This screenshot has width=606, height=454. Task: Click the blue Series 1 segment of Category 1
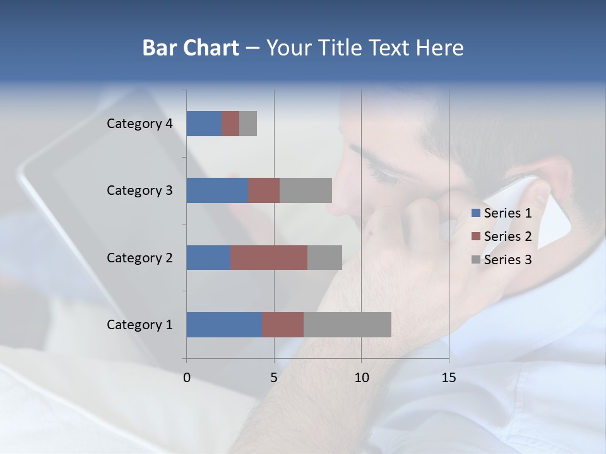click(x=224, y=325)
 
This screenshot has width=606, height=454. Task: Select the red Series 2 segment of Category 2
click(x=269, y=257)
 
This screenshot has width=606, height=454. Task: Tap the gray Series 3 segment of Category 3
click(x=306, y=190)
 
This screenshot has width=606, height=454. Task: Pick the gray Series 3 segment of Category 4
click(x=248, y=124)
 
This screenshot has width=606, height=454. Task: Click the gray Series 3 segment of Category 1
click(x=347, y=325)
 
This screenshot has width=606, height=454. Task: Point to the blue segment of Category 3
click(x=217, y=190)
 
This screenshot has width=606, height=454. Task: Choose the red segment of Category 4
click(x=230, y=124)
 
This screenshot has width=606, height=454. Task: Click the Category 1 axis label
click(x=140, y=325)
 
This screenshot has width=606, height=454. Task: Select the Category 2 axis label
click(x=140, y=257)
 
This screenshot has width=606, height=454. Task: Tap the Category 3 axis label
click(x=140, y=190)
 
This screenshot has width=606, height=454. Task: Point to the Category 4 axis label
click(x=140, y=124)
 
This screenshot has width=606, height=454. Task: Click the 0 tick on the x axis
click(x=187, y=378)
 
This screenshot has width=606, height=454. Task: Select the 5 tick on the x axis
click(x=274, y=378)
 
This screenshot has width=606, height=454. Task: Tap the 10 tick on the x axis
click(x=361, y=378)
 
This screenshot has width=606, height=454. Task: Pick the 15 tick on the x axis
click(x=449, y=378)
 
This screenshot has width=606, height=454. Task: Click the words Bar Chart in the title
click(x=191, y=48)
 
